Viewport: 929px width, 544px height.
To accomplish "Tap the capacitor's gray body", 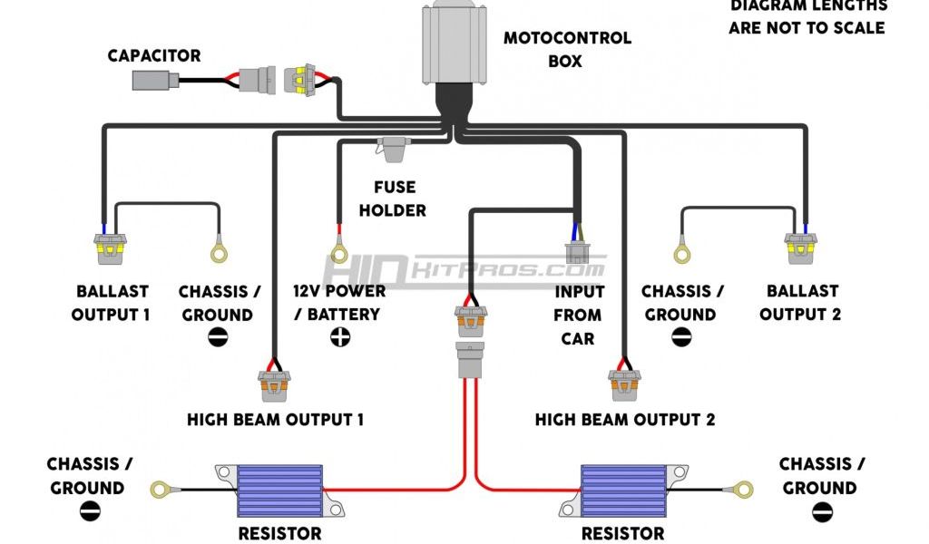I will (150, 81).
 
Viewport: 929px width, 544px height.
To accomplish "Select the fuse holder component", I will (393, 149).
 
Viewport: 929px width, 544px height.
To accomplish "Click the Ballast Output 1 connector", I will (109, 247).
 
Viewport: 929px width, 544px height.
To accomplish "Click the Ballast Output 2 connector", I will (802, 247).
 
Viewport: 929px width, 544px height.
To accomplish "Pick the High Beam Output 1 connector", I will (274, 385).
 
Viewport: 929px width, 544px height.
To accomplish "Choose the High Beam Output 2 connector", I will (623, 385).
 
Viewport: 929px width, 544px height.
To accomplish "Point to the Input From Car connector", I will (576, 251).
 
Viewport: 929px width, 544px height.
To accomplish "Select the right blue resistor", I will (623, 491).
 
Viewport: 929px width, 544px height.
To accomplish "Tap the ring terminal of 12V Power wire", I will (339, 252).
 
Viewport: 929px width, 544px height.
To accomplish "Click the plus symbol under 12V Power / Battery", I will (340, 337).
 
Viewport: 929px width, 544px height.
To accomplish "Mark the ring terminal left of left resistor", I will (162, 490).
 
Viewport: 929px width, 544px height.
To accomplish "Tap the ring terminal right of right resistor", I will (744, 490).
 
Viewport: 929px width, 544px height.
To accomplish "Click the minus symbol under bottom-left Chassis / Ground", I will (90, 511).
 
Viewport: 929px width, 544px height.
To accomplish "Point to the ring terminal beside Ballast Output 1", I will (219, 252).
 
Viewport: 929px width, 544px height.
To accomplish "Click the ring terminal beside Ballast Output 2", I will (680, 252).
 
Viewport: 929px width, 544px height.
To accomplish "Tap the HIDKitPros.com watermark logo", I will (463, 269).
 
